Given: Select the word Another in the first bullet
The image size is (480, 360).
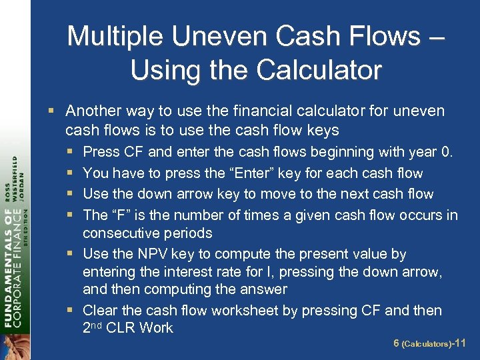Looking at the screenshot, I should (91, 111).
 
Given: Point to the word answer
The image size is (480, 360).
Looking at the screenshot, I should (265, 289).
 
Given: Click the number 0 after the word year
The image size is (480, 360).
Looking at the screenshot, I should (446, 152).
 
